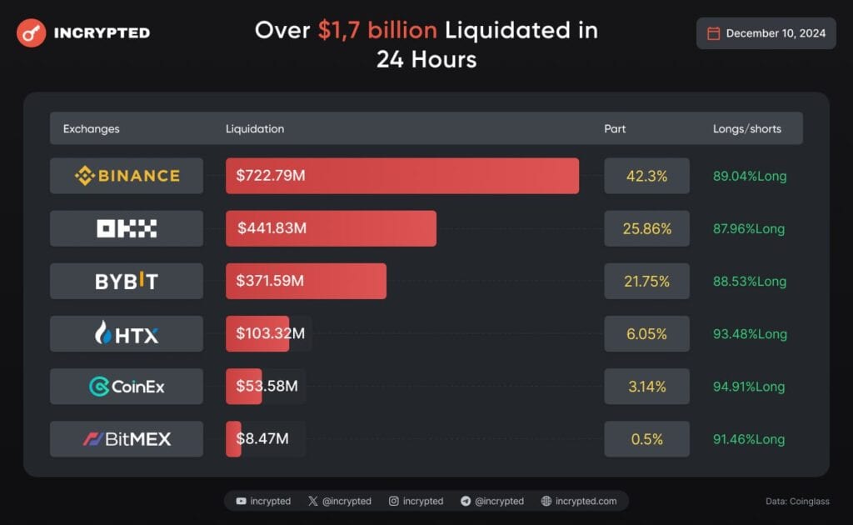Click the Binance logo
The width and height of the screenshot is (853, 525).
click(127, 176)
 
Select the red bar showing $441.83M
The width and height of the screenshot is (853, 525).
click(331, 228)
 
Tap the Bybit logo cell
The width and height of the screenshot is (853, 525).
click(127, 281)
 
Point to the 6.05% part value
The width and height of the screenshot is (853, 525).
click(646, 334)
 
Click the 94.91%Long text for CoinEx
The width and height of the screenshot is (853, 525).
click(749, 387)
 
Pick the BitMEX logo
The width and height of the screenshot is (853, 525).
click(127, 439)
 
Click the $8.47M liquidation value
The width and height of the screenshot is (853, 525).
click(262, 438)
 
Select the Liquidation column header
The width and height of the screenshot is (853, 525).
click(255, 129)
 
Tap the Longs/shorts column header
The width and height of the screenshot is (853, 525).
click(746, 129)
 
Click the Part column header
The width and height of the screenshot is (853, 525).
click(615, 129)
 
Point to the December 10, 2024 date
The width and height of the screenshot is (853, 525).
click(776, 33)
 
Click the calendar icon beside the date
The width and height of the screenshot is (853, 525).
click(713, 33)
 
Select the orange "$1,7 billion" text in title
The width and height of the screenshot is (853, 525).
click(377, 31)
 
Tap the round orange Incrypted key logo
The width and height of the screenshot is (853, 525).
click(31, 32)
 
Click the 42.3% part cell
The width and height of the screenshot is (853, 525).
click(646, 176)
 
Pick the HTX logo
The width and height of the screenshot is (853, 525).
click(127, 334)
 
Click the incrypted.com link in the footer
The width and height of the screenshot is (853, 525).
click(586, 501)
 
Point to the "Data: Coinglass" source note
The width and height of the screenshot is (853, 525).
click(797, 501)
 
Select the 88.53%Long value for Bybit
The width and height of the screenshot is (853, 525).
click(749, 282)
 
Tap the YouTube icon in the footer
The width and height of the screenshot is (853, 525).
click(241, 501)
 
